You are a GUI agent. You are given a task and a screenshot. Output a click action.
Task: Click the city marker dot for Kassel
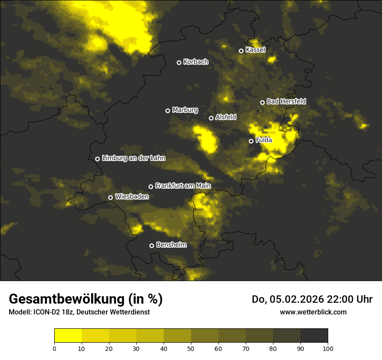tap(241, 51)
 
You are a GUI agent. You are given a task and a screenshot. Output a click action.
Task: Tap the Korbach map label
tap(196, 62)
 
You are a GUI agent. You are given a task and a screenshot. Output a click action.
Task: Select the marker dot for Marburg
tap(168, 111)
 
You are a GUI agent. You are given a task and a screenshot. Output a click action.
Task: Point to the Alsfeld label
tap(226, 117)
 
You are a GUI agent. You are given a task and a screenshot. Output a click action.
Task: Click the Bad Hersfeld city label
tap(286, 101)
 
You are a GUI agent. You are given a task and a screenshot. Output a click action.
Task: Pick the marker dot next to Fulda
tap(251, 141)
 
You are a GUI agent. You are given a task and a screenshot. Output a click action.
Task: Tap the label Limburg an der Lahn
tap(134, 158)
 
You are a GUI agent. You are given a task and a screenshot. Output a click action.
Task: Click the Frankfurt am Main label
tap(183, 186)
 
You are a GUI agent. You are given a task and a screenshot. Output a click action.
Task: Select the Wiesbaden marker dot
tap(110, 197)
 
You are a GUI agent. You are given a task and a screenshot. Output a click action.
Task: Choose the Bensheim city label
tap(171, 245)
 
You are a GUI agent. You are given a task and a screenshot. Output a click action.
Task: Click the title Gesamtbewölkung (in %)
tap(86, 299)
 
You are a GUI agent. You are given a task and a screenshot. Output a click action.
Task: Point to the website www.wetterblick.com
tap(313, 312)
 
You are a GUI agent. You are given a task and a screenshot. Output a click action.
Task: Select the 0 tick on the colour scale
tap(54, 348)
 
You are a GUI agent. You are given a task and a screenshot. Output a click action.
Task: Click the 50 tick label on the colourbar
tap(191, 348)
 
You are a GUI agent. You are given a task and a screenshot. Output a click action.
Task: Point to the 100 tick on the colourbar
tap(328, 348)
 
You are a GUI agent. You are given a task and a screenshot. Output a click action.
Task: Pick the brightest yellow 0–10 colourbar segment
tap(68, 336)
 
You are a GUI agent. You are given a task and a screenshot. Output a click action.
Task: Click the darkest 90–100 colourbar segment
tap(314, 336)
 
